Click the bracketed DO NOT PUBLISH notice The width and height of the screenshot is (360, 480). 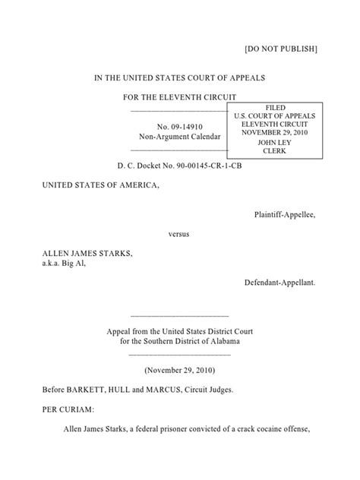[x=280, y=49]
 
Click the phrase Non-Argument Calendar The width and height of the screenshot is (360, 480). [x=179, y=137]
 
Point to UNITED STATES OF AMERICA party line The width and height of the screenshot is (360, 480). [x=101, y=185]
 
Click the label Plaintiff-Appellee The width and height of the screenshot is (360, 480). [x=284, y=214]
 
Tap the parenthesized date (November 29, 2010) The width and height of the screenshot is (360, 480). [x=180, y=371]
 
